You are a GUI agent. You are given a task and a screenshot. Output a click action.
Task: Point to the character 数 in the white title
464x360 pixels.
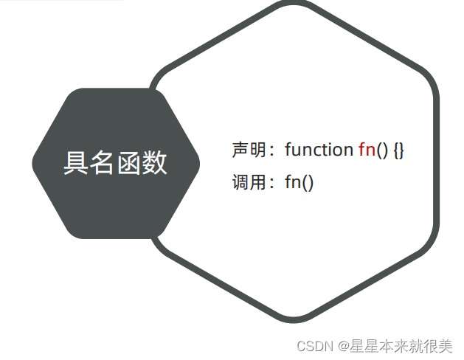tap(154, 163)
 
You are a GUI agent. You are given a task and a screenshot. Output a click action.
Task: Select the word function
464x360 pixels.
tap(319, 150)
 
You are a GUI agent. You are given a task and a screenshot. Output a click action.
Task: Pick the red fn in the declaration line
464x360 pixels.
tap(367, 150)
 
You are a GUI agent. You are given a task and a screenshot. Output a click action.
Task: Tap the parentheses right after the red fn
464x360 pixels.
tap(382, 150)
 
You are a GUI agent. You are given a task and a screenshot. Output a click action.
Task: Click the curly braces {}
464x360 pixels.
tap(398, 150)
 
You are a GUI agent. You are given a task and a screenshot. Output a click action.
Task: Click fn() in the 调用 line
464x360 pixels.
tap(299, 182)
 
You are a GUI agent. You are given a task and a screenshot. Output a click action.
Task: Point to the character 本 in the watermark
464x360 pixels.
tap(386, 345)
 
